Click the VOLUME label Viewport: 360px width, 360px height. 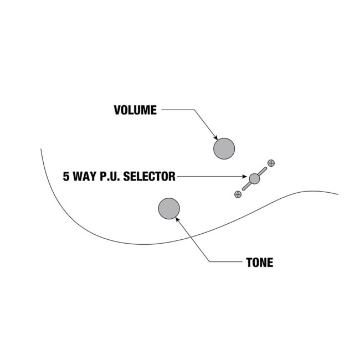point(135,110)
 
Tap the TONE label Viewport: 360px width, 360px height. point(259,263)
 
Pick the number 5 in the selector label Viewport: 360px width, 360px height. point(66,177)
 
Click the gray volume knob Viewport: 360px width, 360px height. point(224,148)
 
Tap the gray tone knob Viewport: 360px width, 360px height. point(169,209)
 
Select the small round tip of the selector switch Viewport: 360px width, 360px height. point(254,178)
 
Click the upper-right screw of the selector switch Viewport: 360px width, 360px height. point(271,163)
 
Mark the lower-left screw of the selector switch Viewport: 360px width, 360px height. point(238,194)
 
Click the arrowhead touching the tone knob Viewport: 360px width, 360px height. point(177,219)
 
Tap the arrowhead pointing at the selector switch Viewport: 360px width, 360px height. point(246,177)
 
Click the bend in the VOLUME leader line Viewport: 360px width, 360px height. point(193,110)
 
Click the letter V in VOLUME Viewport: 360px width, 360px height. point(117,110)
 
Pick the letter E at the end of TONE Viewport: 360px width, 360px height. point(270,263)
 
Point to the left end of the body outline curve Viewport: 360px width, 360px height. point(41,149)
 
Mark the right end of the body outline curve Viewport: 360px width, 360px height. point(338,194)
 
